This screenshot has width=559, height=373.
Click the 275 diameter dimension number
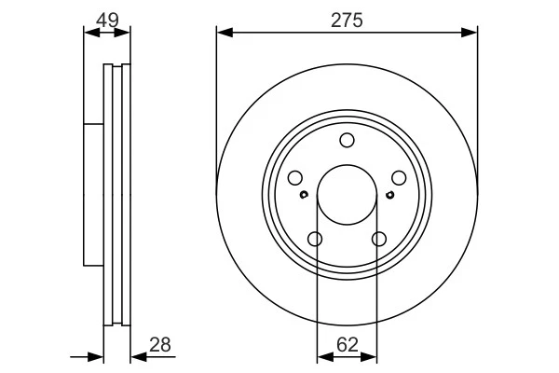[x=348, y=20]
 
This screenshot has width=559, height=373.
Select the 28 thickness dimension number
[x=159, y=345]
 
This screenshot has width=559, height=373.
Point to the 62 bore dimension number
[x=348, y=344]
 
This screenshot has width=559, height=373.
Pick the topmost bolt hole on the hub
[x=347, y=141]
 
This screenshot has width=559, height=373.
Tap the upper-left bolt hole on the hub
[x=295, y=178]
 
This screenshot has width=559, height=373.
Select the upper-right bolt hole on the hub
[x=399, y=178]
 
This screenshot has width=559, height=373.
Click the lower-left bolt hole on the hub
[x=315, y=240]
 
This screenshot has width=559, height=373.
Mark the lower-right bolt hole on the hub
[x=378, y=240]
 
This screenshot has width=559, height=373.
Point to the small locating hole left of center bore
[x=305, y=195]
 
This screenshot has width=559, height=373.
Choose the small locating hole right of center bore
[x=389, y=195]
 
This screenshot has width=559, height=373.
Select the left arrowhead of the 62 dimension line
[x=322, y=355]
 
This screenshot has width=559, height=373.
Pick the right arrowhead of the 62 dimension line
[x=372, y=355]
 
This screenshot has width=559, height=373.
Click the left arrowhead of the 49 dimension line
[x=89, y=32]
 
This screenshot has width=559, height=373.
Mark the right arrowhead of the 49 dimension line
[x=125, y=32]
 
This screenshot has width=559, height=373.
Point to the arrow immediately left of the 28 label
[x=136, y=355]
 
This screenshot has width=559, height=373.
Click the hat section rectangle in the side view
[x=92, y=194]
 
